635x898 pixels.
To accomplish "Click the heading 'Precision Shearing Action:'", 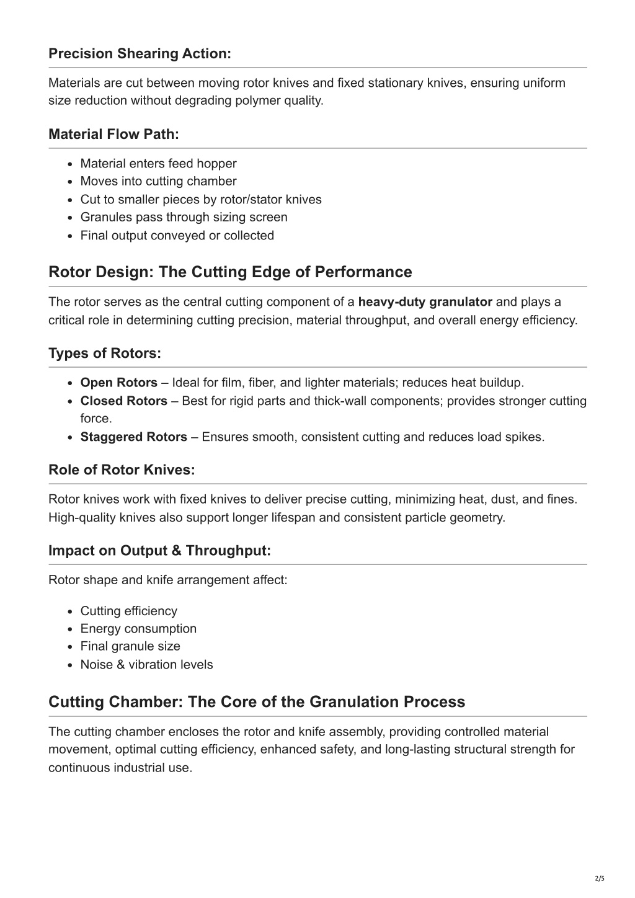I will coord(140,54).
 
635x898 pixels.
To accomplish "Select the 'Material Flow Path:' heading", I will coord(113,135).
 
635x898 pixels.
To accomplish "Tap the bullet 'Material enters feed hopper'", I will coord(158,164).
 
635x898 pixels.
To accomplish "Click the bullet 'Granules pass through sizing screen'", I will coord(184,218).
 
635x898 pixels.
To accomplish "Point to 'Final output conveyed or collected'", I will coord(177,236).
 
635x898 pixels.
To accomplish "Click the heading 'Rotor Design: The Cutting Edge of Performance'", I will coord(230,272).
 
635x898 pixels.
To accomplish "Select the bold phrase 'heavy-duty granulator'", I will coord(425,302).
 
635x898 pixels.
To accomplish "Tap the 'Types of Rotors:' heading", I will coord(105,353).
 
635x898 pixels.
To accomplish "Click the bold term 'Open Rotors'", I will coord(118,383).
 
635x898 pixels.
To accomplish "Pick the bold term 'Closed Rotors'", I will coord(123,401).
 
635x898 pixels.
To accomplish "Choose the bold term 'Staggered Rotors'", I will coord(133,437).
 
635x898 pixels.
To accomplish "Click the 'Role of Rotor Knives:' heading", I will coord(122,470).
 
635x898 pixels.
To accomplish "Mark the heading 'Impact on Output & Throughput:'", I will coord(159,551).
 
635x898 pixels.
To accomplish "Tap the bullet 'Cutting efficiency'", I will coord(128,611).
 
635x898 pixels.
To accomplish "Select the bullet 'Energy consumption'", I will coord(138,629).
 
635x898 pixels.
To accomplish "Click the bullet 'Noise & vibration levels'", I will coord(146,665).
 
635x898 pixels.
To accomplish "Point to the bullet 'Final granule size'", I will coord(130,646).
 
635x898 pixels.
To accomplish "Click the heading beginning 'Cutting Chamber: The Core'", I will coord(257,702).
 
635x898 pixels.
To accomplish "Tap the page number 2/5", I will coord(599,879).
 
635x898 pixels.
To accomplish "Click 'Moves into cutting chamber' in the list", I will coord(158,182).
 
